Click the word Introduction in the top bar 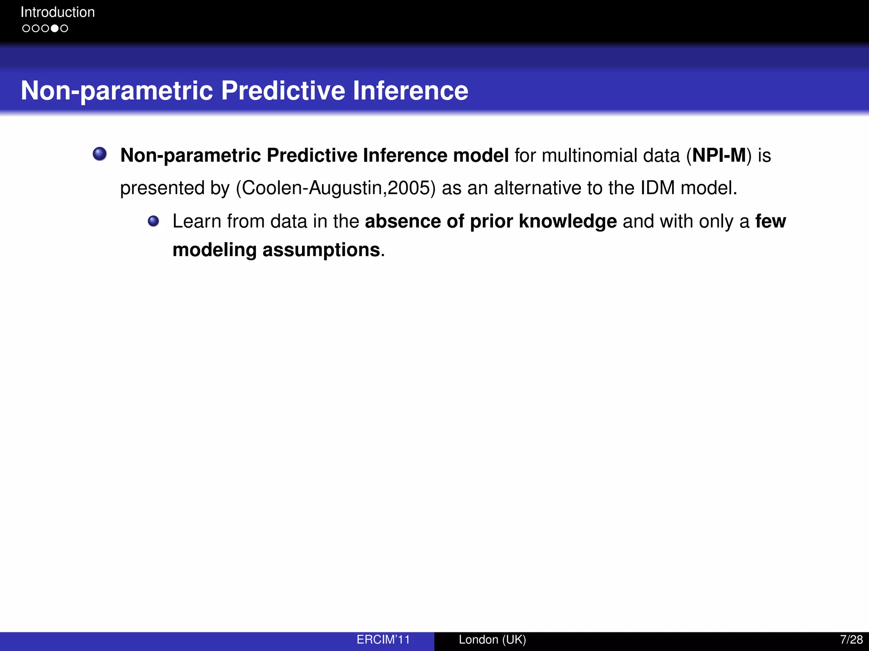point(58,12)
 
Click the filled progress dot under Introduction point(54,28)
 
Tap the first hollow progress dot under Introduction point(26,28)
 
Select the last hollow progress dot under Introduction point(64,28)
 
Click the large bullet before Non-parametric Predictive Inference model point(100,154)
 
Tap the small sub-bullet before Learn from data point(153,221)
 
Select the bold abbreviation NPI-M point(719,155)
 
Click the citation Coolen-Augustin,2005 point(336,188)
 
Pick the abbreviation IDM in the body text point(657,188)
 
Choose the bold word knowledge point(567,221)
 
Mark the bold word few point(771,221)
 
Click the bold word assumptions point(321,250)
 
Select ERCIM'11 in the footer point(383,640)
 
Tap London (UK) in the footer point(492,640)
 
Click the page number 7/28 point(851,640)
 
